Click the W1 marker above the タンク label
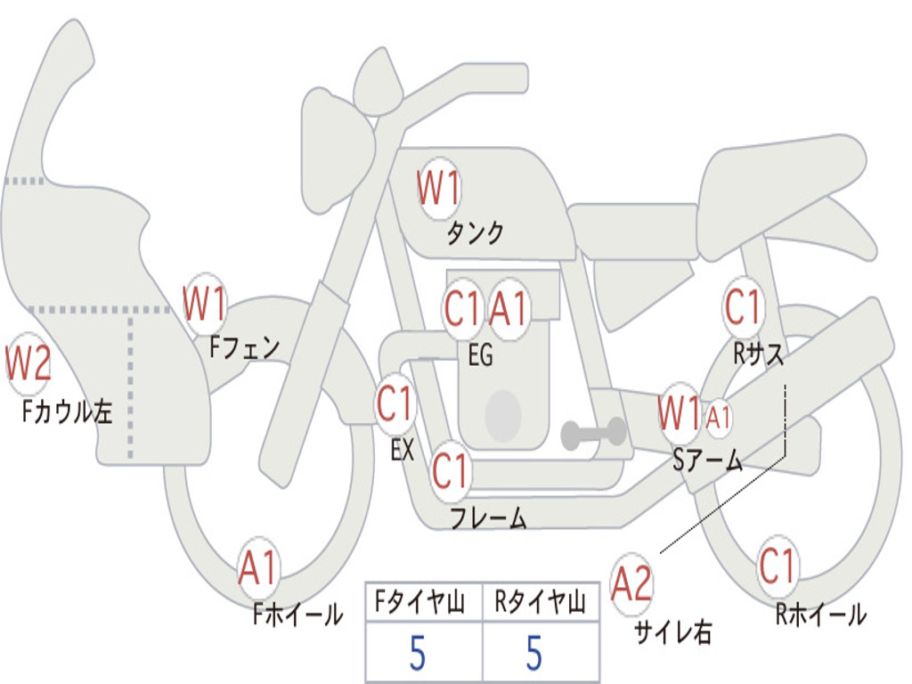[439, 188]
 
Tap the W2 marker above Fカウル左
[28, 362]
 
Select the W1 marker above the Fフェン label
[204, 303]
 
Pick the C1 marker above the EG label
[463, 308]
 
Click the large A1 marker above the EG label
[509, 308]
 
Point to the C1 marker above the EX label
[395, 403]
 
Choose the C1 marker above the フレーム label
[450, 470]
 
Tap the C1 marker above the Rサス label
[743, 306]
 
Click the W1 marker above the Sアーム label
[680, 413]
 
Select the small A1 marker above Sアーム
[719, 417]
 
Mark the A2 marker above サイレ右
[631, 583]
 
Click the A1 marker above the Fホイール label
[258, 567]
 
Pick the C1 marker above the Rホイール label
[778, 566]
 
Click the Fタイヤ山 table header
[420, 601]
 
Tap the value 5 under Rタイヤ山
[534, 653]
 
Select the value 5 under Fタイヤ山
[418, 653]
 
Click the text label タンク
[475, 232]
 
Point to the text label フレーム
[489, 517]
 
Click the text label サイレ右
[673, 631]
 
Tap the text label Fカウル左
[67, 411]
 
